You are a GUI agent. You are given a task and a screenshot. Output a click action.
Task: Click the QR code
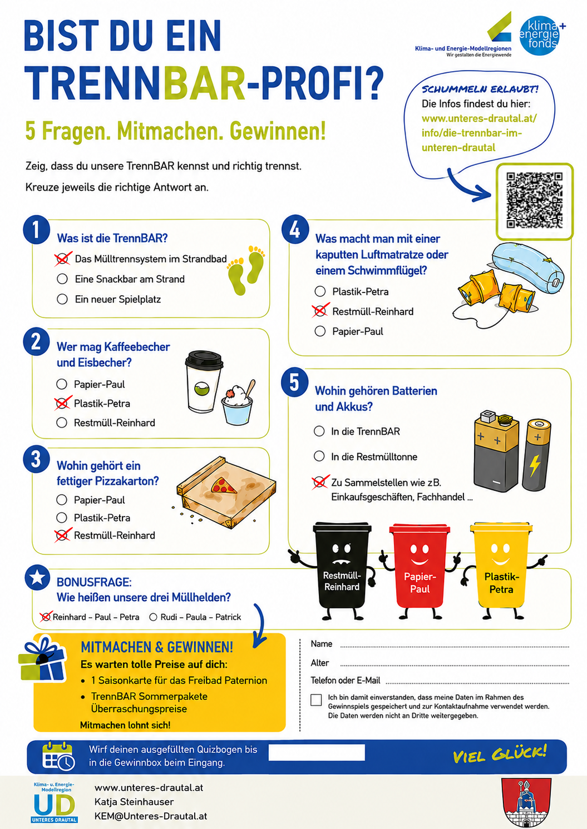(x=534, y=200)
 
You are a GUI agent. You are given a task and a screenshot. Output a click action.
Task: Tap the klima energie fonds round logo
(x=540, y=36)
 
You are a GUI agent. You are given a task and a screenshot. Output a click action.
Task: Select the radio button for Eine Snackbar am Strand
(x=62, y=279)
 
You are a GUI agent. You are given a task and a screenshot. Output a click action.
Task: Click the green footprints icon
(x=246, y=270)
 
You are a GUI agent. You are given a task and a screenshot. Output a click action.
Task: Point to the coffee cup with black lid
(x=204, y=381)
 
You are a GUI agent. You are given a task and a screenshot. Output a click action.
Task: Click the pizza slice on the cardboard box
(x=223, y=485)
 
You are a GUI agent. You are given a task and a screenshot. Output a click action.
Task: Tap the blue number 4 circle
(x=295, y=230)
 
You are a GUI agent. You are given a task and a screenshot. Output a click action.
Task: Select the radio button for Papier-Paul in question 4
(x=320, y=331)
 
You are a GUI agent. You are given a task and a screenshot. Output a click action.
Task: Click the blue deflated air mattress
(x=528, y=269)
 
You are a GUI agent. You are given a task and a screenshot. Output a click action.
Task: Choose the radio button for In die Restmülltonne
(x=319, y=456)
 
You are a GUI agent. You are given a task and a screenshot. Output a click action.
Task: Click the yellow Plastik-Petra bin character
(x=501, y=570)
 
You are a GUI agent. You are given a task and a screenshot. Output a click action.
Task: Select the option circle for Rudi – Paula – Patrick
(x=154, y=617)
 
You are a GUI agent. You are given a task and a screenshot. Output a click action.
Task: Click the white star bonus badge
(x=37, y=577)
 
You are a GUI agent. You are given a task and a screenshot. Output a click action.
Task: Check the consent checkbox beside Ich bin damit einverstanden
(x=316, y=700)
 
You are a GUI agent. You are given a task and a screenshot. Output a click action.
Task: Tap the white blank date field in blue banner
(x=317, y=752)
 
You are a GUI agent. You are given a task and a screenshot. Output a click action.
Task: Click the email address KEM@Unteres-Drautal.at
(x=151, y=816)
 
